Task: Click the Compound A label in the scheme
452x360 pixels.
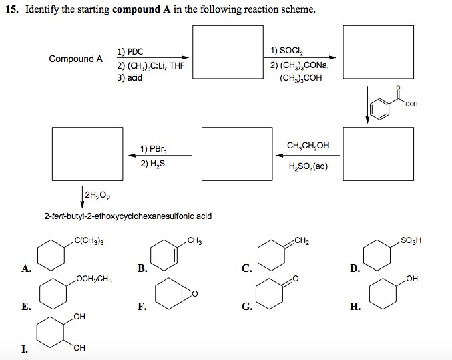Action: click(75, 59)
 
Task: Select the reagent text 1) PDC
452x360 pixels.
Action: click(130, 51)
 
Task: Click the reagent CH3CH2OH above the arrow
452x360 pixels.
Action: click(308, 146)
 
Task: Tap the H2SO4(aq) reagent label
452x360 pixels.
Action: click(307, 167)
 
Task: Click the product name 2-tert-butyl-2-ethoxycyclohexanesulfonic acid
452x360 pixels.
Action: click(128, 216)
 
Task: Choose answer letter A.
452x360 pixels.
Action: click(26, 269)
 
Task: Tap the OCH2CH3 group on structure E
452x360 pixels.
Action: click(93, 279)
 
